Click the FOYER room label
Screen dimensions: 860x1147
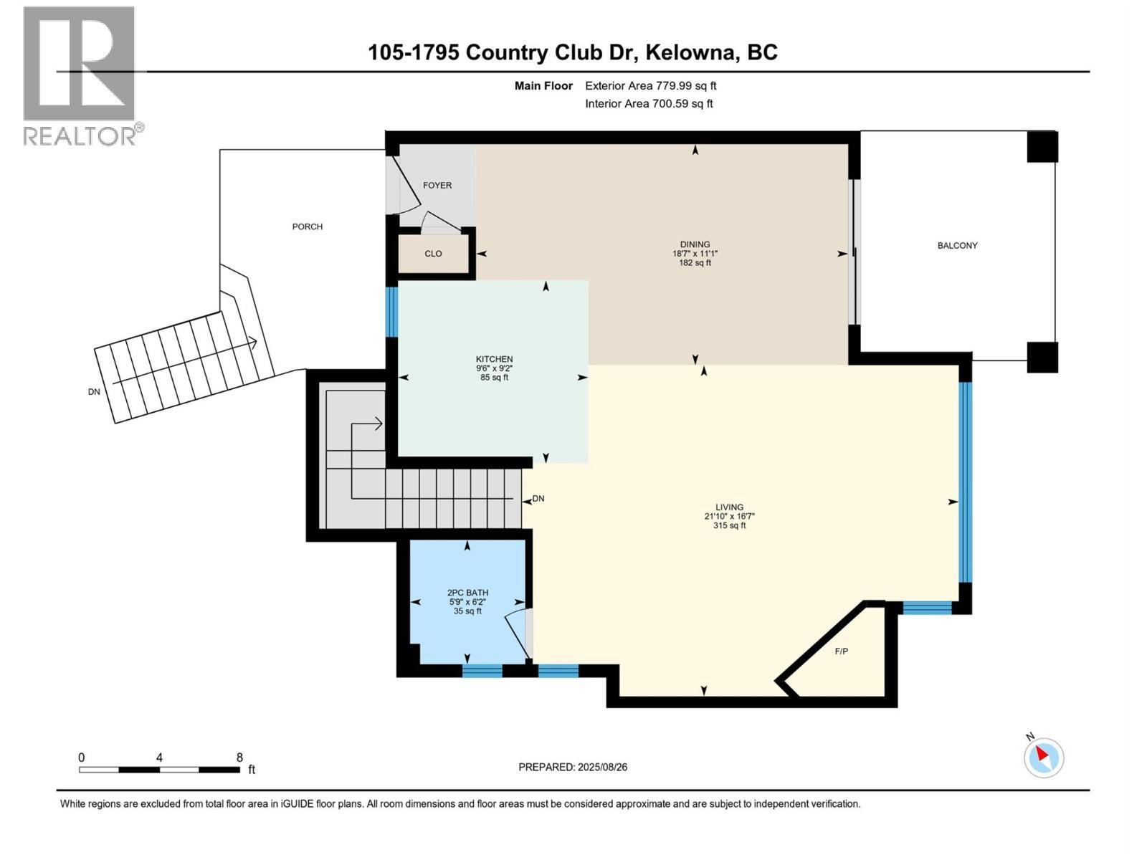tap(437, 185)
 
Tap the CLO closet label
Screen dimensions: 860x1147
tap(433, 254)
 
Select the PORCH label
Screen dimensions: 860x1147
tap(308, 226)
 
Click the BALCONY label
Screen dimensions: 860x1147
tap(957, 245)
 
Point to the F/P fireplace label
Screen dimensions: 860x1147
tap(842, 651)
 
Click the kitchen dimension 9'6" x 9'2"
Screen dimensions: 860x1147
tap(495, 368)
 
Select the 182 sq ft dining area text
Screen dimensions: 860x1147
tap(695, 263)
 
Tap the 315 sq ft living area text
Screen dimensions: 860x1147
tap(729, 525)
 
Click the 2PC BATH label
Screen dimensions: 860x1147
tap(467, 593)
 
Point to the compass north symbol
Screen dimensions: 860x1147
tap(1043, 757)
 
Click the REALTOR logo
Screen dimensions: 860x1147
tap(80, 75)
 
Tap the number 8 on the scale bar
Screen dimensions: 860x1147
tap(239, 758)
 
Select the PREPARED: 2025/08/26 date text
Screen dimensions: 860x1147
tap(573, 767)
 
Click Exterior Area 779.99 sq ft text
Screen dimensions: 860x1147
tap(650, 86)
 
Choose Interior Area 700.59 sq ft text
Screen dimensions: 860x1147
tap(649, 103)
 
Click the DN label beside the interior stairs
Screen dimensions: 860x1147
tap(538, 499)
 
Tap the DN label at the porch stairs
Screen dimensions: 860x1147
tap(94, 392)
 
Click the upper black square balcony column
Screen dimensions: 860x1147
tap(1042, 147)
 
